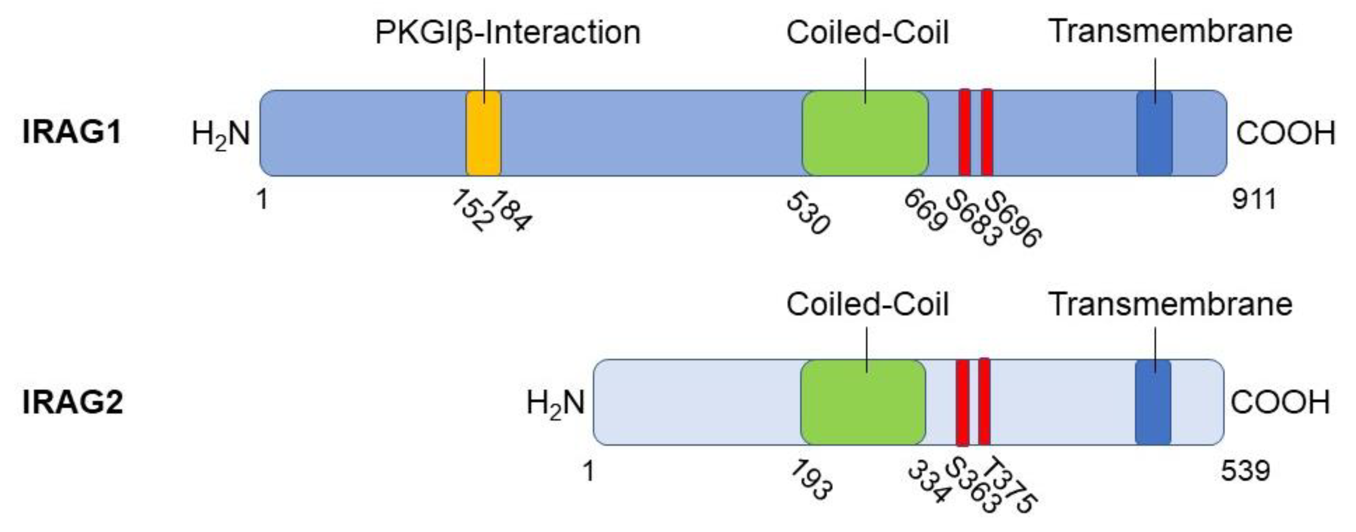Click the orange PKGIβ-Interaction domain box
pos(483,133)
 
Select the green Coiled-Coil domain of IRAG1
pos(865,133)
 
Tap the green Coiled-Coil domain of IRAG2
pos(863,403)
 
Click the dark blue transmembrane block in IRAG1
pos(1154,133)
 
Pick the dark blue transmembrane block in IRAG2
pos(1153,403)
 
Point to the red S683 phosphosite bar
pos(965,133)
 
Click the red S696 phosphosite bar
pos(987,133)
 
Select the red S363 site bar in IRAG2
pos(962,403)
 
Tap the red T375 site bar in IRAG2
pos(984,403)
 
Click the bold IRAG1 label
pos(72,132)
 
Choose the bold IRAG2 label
pos(72,403)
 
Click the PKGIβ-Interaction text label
pos(508,33)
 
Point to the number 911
pos(1254,199)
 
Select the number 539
pos(1245,470)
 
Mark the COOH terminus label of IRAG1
pos(1285,134)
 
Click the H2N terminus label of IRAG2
pos(556,403)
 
